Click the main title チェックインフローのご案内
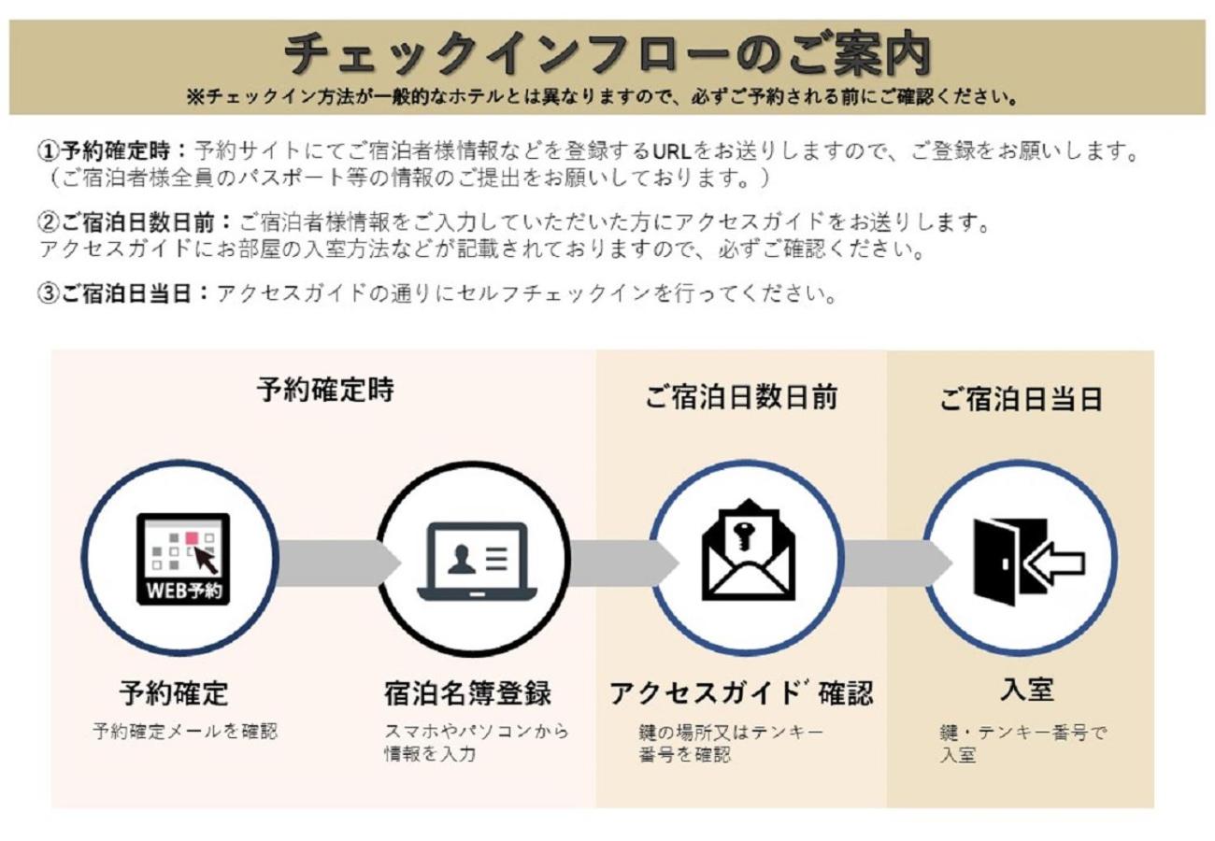point(607,54)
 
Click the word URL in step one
point(671,151)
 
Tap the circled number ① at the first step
point(49,151)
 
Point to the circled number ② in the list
point(49,221)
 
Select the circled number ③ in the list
point(49,294)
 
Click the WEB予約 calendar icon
point(183,559)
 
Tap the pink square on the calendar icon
point(192,538)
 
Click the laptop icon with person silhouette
point(477,562)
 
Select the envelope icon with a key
point(748,549)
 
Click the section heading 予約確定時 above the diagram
point(325,390)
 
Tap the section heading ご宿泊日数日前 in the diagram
point(741,397)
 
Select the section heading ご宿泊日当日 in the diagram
point(1021,398)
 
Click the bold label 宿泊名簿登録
point(467,693)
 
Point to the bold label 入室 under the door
point(1027,690)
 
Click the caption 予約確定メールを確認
point(185,731)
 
